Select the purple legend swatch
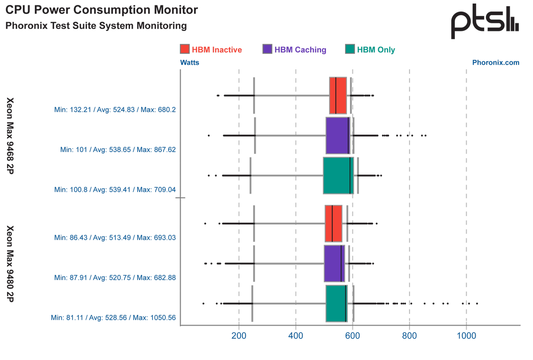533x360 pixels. pos(267,49)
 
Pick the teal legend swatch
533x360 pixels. pos(350,49)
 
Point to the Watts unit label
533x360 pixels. pos(189,63)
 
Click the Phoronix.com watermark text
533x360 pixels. pos(496,63)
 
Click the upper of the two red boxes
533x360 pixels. pos(338,95)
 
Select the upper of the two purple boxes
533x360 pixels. pos(337,135)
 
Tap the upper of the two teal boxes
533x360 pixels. pos(338,175)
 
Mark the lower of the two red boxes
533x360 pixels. pos(334,223)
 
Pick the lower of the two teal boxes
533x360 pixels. pos(336,303)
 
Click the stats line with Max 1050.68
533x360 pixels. pos(113,318)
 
